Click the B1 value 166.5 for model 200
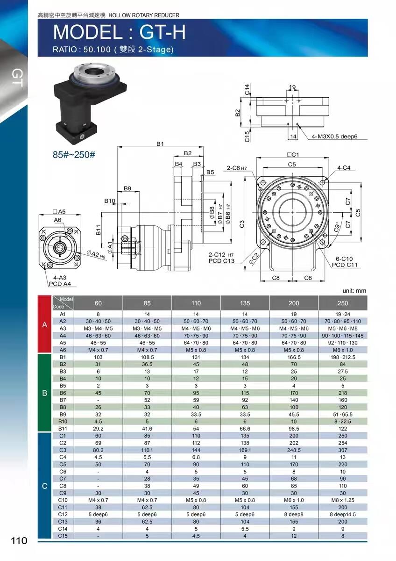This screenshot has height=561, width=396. click(294, 357)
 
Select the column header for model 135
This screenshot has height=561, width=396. click(245, 303)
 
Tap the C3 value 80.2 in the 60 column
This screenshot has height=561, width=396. click(98, 450)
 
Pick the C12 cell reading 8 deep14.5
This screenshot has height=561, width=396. click(342, 514)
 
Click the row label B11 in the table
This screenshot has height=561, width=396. click(63, 429)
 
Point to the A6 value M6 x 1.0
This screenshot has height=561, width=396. click(342, 350)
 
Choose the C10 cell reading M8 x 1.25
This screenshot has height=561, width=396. click(342, 500)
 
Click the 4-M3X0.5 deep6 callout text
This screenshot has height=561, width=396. click(334, 137)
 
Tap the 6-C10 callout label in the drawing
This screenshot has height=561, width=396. click(344, 259)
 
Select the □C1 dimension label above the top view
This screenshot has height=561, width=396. click(293, 155)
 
